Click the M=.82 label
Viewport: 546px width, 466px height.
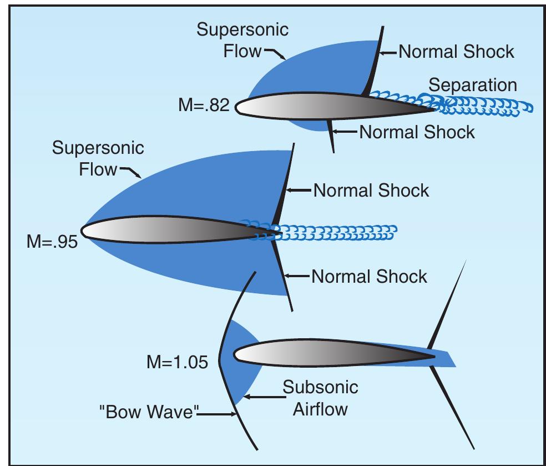click(204, 105)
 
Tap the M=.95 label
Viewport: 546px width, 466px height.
click(52, 242)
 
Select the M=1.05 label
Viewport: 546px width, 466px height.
click(177, 362)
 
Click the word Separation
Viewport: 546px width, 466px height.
click(473, 85)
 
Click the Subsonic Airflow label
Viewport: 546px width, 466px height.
click(320, 398)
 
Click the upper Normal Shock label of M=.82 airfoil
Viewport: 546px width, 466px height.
click(456, 52)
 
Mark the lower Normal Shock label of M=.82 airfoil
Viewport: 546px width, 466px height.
click(417, 132)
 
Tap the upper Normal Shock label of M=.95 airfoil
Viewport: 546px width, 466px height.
click(371, 190)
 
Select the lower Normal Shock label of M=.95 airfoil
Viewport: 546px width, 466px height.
click(369, 276)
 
